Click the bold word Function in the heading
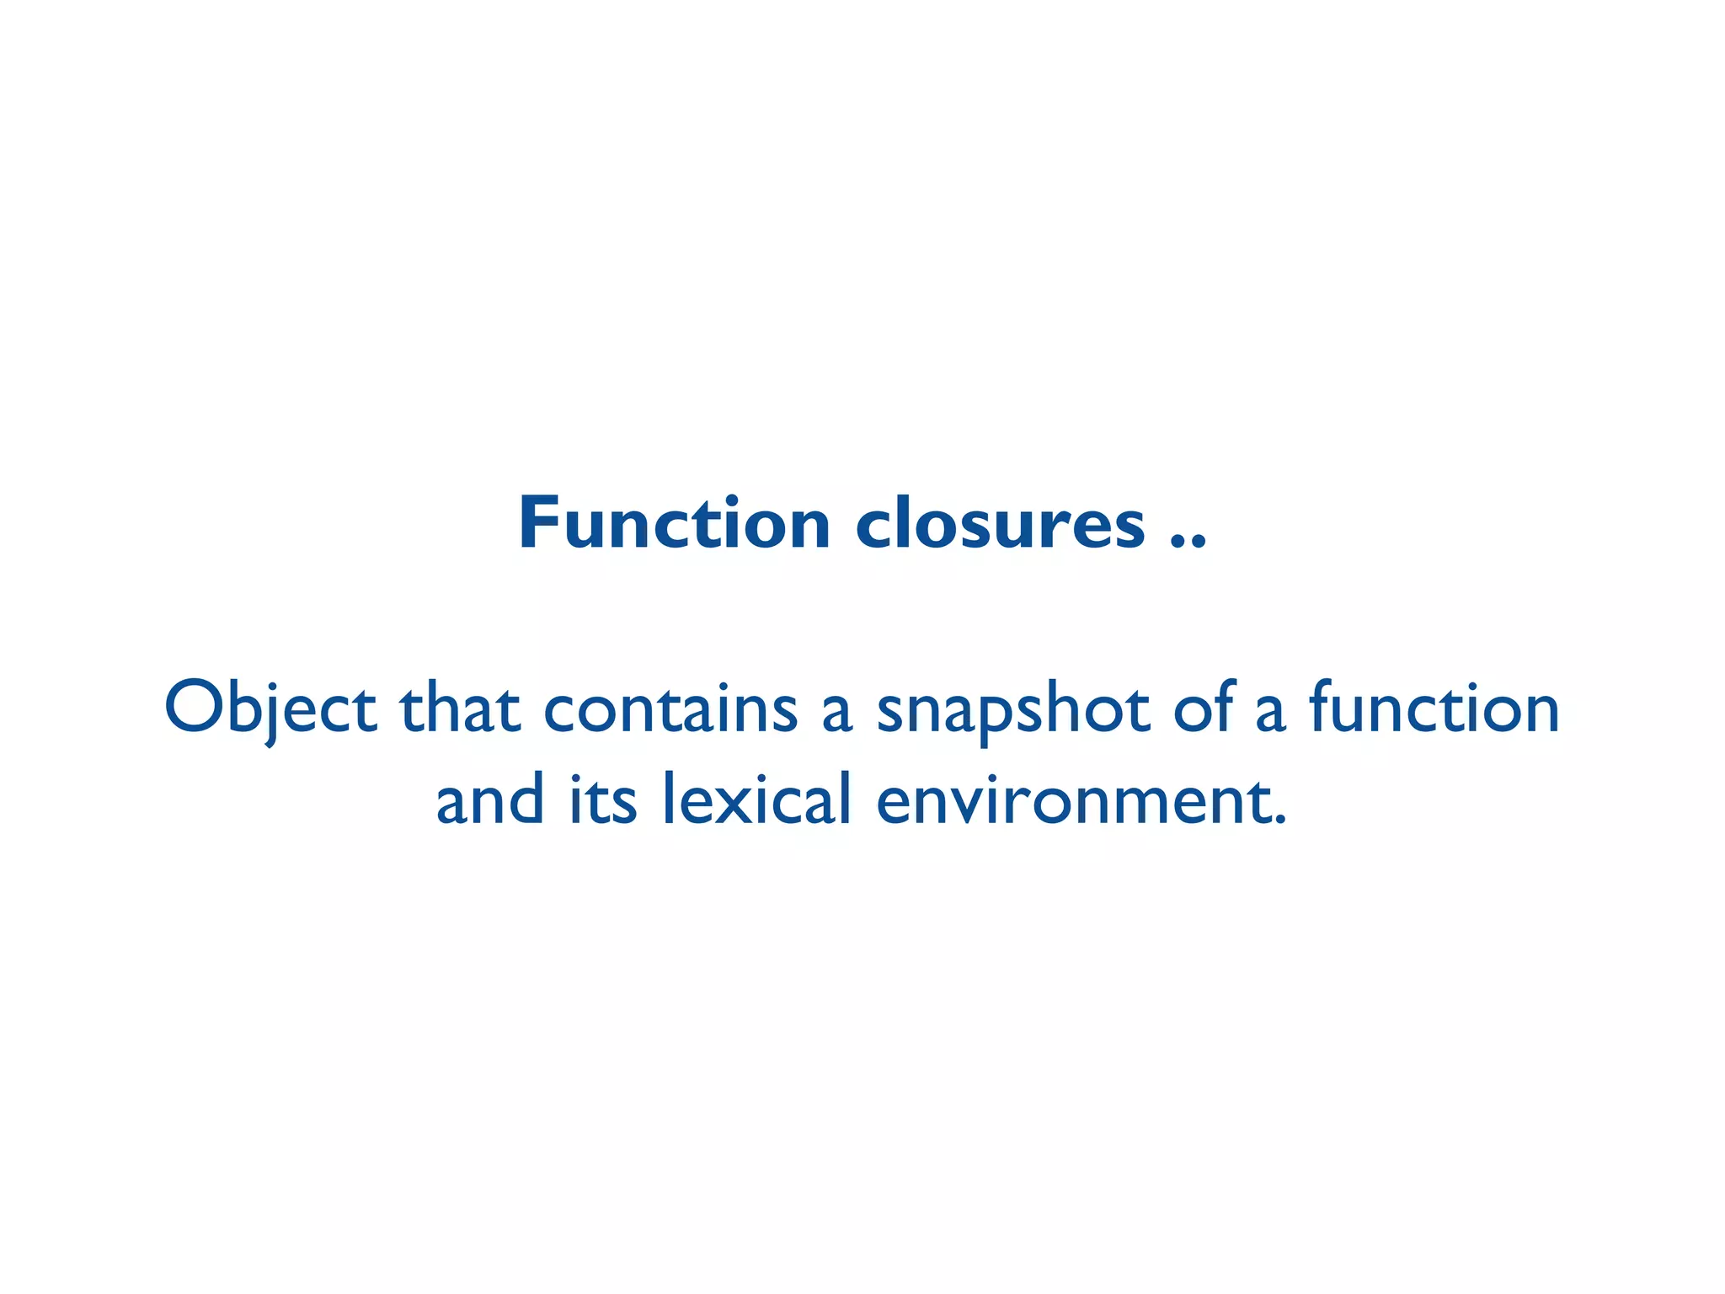click(x=675, y=524)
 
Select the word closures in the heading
click(x=1001, y=524)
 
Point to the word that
click(x=460, y=708)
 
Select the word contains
click(x=670, y=708)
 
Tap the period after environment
click(x=1281, y=820)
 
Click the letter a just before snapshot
click(x=837, y=714)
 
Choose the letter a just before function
click(x=1270, y=714)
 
